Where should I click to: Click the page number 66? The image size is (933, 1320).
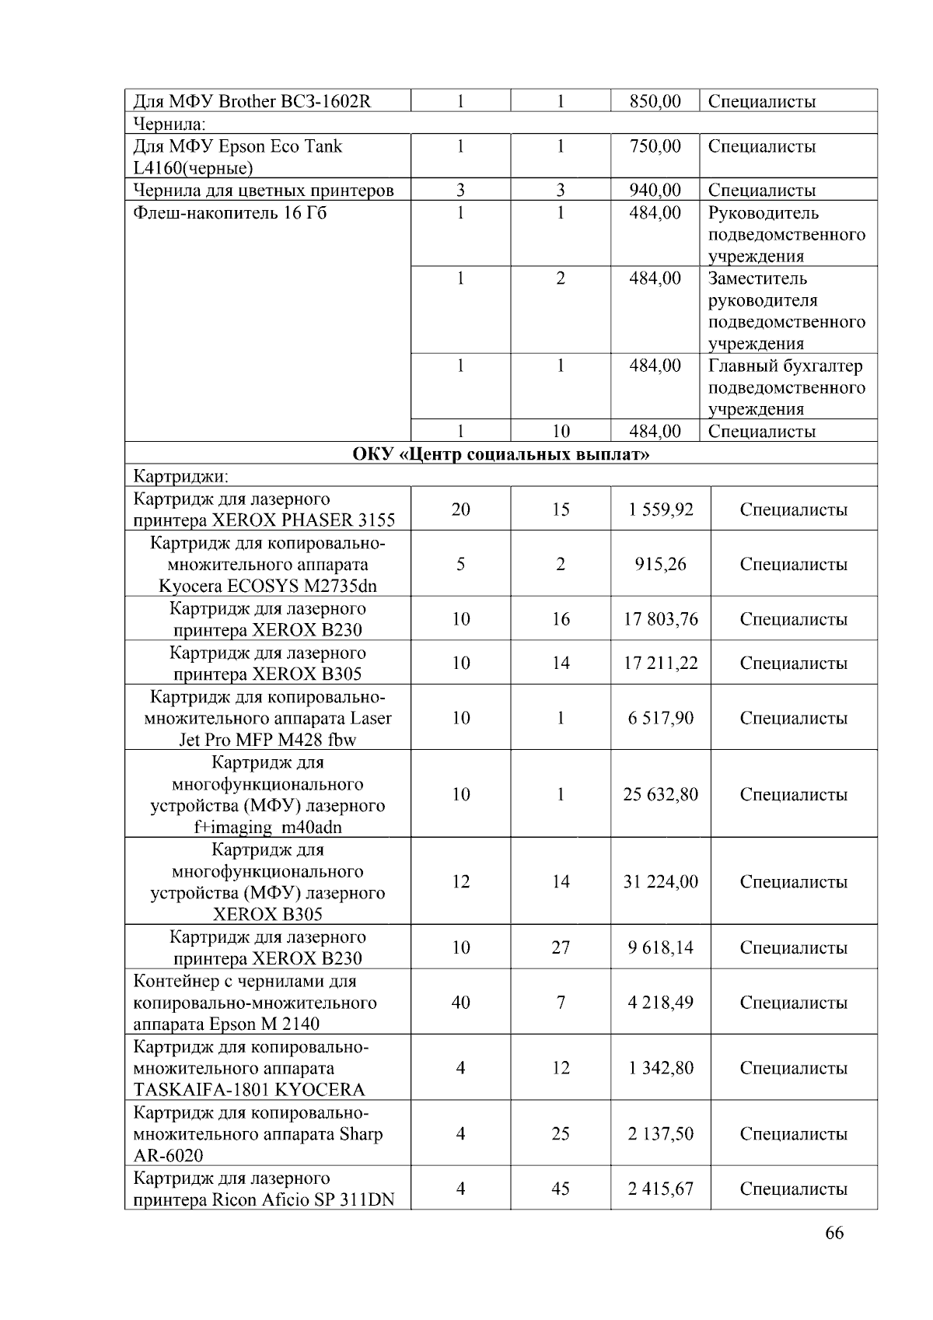[x=834, y=1232]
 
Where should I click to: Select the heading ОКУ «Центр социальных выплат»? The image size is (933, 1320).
[x=501, y=453]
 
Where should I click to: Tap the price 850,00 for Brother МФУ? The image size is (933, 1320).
[x=655, y=101]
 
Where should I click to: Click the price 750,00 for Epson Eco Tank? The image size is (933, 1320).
[x=655, y=146]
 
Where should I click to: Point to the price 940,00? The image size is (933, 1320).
[x=655, y=191]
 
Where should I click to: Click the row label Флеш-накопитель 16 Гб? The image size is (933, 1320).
[x=230, y=213]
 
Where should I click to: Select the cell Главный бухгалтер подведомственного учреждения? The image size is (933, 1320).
[x=786, y=387]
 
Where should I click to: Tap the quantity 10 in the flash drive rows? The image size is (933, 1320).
[x=561, y=432]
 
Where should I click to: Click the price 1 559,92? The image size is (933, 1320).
[x=660, y=509]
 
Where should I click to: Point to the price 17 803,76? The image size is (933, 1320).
[x=660, y=619]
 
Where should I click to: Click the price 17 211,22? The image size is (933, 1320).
[x=660, y=663]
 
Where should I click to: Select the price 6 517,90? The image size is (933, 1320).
[x=660, y=718]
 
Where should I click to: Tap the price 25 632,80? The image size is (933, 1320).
[x=660, y=794]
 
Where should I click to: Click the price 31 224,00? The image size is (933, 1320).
[x=660, y=881]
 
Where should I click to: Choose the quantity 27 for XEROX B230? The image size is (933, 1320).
[x=561, y=947]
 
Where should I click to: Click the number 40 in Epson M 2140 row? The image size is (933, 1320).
[x=460, y=1002]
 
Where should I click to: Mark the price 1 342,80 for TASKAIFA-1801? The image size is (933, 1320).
[x=660, y=1068]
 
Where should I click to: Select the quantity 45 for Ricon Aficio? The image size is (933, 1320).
[x=561, y=1189]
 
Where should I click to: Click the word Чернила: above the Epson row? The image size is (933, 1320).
[x=169, y=124]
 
